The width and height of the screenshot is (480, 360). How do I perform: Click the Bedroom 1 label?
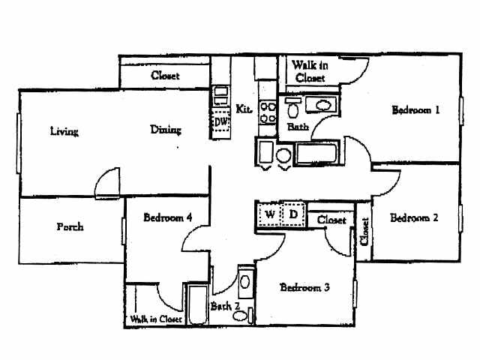tap(415, 110)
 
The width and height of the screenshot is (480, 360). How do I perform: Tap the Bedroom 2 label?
tap(414, 218)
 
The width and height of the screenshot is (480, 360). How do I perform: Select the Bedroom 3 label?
tap(305, 287)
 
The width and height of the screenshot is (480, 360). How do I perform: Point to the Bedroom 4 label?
tap(168, 217)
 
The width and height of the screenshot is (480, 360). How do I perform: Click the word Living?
tap(64, 131)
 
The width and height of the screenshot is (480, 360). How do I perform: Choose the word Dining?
tap(166, 129)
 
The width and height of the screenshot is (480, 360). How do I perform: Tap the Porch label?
tap(70, 226)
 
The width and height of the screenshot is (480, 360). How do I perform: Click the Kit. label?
tap(244, 109)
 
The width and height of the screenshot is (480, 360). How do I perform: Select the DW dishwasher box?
tap(220, 121)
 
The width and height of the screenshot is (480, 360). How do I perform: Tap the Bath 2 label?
tap(224, 306)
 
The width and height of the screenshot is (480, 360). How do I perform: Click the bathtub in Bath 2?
tap(196, 306)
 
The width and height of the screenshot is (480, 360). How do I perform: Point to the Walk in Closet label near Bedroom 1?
tap(309, 71)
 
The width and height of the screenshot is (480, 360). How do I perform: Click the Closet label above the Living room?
tap(165, 75)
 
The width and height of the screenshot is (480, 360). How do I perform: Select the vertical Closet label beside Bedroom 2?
tap(364, 232)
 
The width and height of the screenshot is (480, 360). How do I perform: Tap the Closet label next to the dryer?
tap(331, 220)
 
